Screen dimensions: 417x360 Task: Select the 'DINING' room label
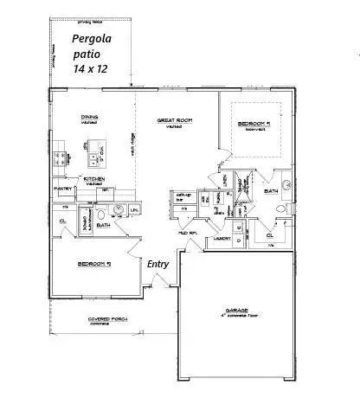pyautogui.click(x=89, y=119)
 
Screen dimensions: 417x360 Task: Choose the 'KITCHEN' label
pyautogui.click(x=94, y=179)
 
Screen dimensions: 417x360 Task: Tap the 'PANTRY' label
pyautogui.click(x=62, y=188)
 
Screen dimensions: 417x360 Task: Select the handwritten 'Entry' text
pyautogui.click(x=158, y=264)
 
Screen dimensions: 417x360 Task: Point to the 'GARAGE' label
pyautogui.click(x=230, y=313)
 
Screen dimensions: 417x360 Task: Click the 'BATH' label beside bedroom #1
pyautogui.click(x=271, y=190)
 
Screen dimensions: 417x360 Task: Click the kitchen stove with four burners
pyautogui.click(x=61, y=158)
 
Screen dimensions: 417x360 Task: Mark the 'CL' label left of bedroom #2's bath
pyautogui.click(x=63, y=221)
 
